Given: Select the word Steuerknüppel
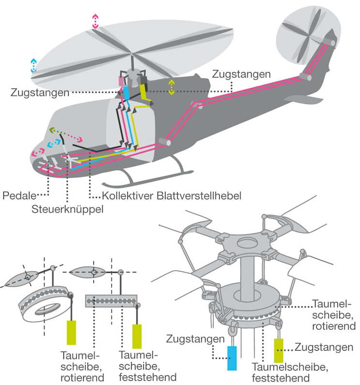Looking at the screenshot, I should [68, 209].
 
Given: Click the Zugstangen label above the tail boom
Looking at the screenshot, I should [241, 74].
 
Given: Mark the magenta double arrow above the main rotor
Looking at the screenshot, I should [95, 21].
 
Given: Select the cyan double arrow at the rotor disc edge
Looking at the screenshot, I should [33, 65].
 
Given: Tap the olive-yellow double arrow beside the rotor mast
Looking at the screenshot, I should [171, 87].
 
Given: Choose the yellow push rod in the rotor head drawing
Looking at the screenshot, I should [279, 350].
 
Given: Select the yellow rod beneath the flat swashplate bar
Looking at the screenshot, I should [137, 336].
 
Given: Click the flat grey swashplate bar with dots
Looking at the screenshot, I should [111, 301].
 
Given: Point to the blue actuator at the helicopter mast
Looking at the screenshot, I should [127, 92].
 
